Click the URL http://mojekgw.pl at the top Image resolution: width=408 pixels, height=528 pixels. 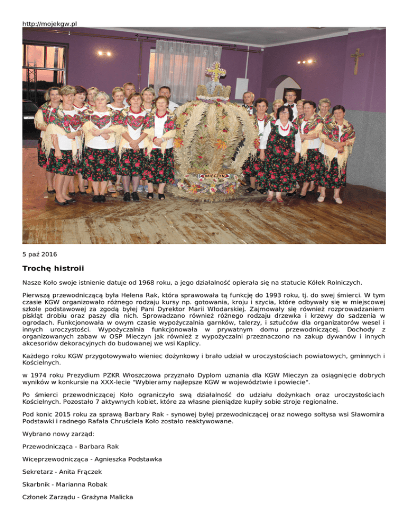pos(50,24)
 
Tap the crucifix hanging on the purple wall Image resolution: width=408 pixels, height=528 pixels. pos(357,60)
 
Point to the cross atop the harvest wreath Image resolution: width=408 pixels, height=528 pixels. pos(216,72)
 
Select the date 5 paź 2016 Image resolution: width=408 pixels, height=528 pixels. pos(40,254)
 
